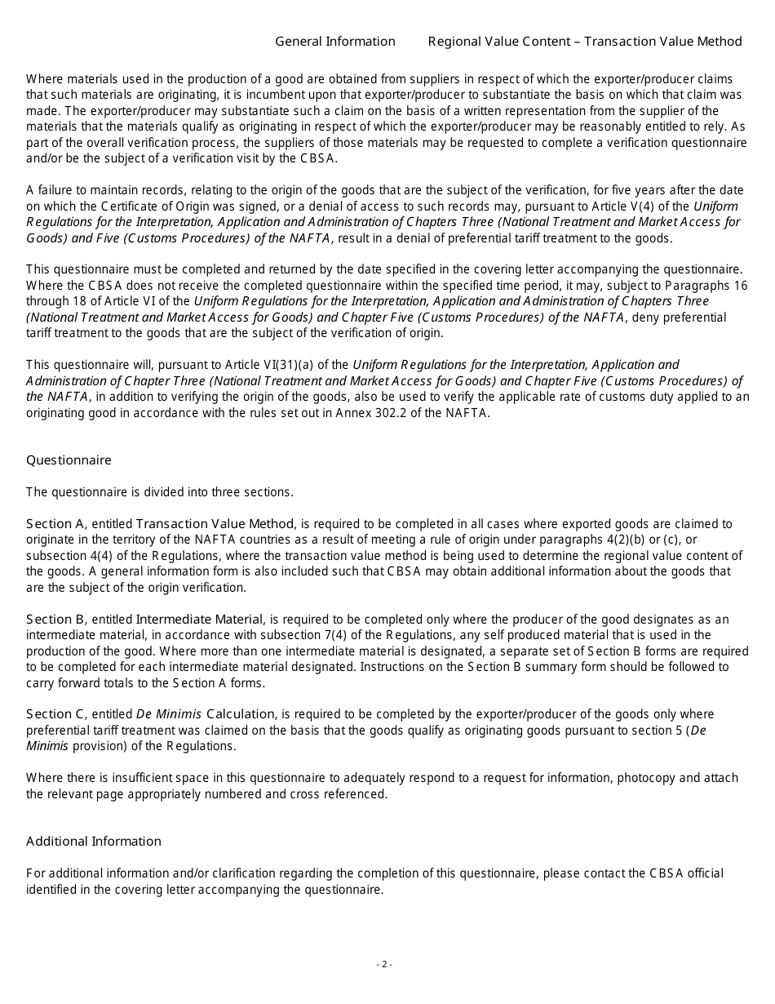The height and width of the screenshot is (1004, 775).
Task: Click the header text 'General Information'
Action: [334, 42]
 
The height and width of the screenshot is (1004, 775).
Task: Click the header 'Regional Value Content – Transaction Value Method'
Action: [584, 42]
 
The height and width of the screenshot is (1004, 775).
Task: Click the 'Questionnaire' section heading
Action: [69, 460]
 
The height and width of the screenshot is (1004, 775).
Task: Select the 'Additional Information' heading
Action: [94, 842]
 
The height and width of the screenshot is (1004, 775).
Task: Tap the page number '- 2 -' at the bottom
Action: [384, 964]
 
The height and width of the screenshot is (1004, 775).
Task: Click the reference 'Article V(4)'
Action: [626, 207]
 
